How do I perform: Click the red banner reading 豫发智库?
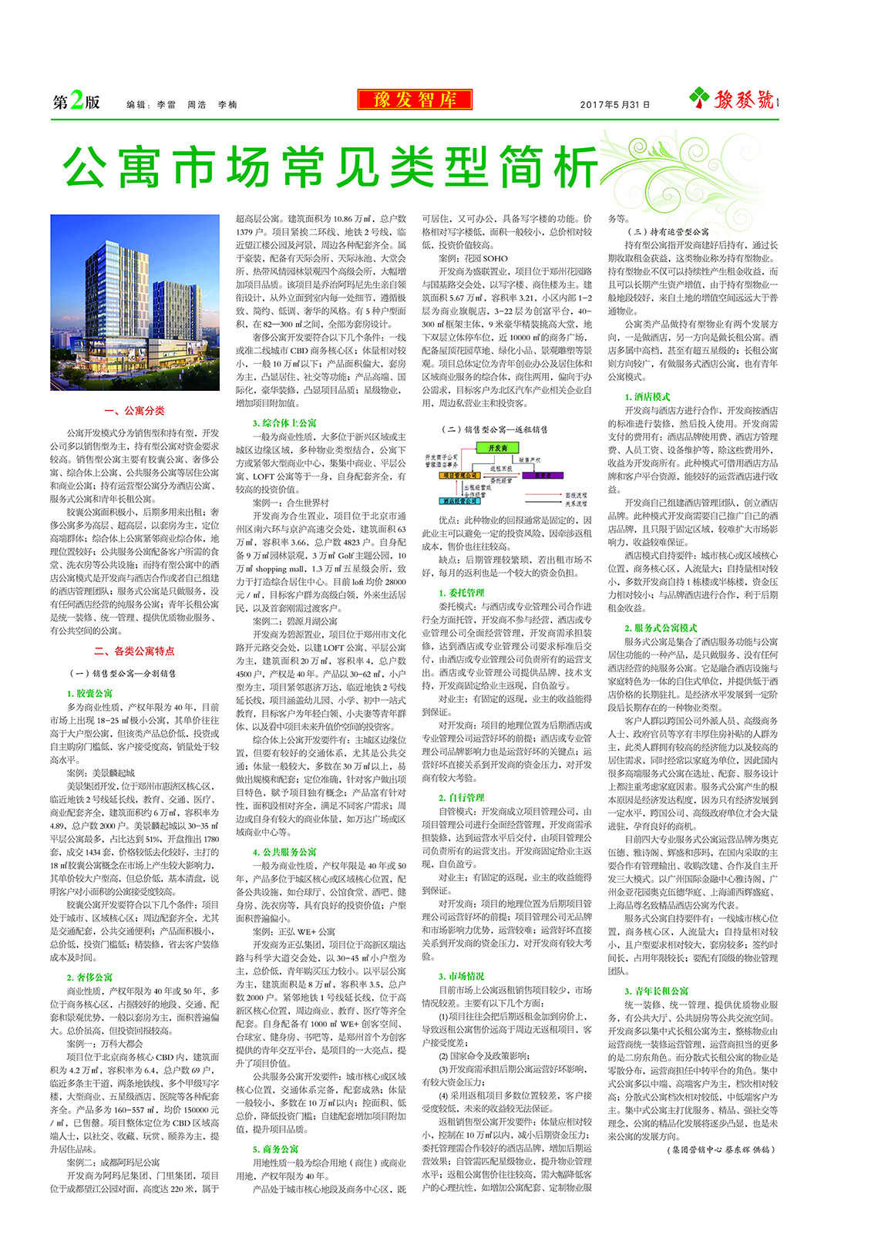click(x=415, y=99)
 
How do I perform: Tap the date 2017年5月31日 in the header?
click(x=614, y=104)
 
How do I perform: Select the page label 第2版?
click(x=76, y=102)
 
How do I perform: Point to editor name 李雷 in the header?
click(x=166, y=104)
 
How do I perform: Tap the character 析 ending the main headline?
click(x=571, y=167)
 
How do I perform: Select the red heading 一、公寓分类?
click(x=135, y=411)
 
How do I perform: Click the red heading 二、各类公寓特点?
click(x=135, y=651)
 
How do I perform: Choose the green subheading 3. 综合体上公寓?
click(x=284, y=422)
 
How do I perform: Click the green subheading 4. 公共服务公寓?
click(x=284, y=852)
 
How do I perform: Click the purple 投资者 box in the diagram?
click(x=543, y=476)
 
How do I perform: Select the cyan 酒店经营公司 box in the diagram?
click(x=460, y=500)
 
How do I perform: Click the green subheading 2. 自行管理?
click(x=462, y=797)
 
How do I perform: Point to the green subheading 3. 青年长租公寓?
click(x=657, y=991)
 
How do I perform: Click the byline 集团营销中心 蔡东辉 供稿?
click(x=718, y=1149)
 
